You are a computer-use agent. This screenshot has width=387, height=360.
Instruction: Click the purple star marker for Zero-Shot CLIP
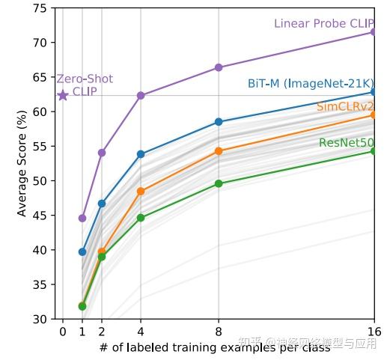click(63, 95)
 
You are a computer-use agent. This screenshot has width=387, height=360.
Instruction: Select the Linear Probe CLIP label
click(324, 24)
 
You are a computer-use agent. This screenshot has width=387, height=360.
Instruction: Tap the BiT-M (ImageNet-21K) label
click(310, 83)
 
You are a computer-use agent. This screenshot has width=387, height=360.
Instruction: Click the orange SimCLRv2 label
click(345, 107)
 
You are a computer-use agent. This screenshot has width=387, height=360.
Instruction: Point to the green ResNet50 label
click(346, 142)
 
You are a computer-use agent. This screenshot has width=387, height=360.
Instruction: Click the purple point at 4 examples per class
click(141, 96)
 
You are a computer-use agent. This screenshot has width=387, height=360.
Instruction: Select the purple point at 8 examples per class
click(219, 67)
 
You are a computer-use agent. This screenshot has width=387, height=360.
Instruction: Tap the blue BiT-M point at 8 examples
click(219, 121)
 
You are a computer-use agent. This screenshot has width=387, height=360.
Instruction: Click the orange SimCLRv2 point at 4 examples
click(141, 192)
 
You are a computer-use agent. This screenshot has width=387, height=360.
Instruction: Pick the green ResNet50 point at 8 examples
click(219, 183)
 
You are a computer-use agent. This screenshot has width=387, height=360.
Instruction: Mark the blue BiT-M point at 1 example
click(82, 251)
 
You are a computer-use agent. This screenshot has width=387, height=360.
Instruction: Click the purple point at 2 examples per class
click(102, 153)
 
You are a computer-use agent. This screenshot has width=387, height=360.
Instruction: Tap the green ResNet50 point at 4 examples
click(141, 218)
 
